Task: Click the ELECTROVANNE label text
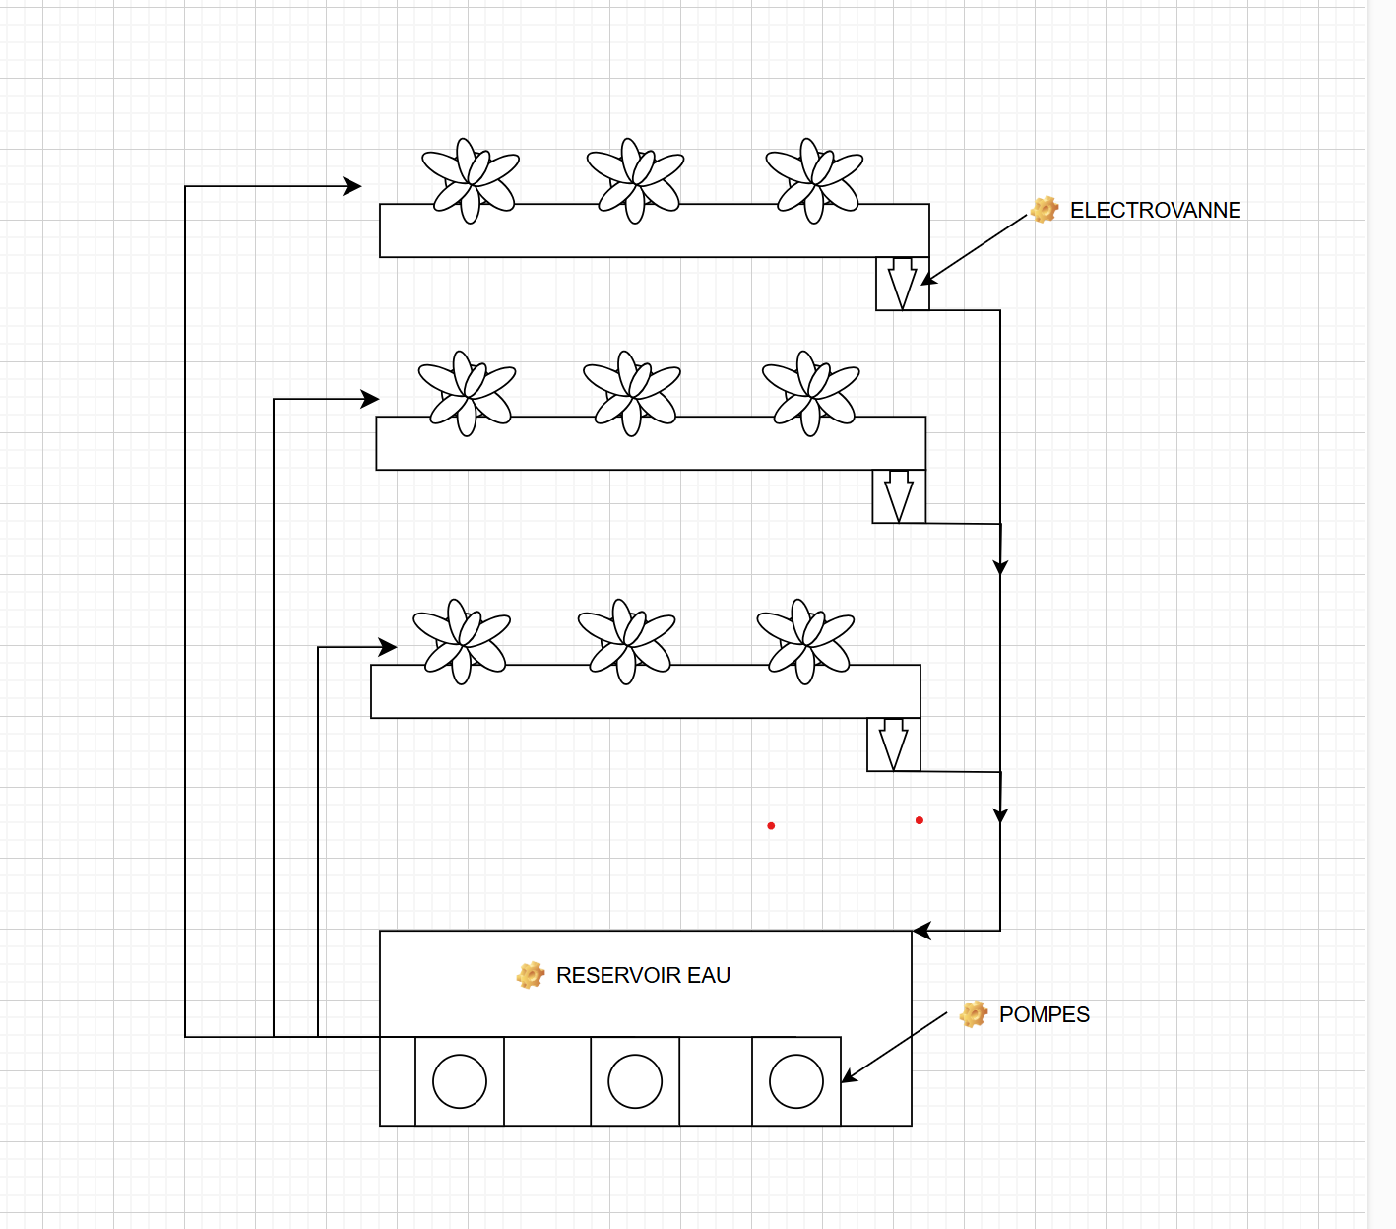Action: [x=1155, y=210]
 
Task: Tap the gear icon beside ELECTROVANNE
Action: [x=1045, y=209]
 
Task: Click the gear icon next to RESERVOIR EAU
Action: [x=531, y=975]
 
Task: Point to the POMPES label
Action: [x=1044, y=1014]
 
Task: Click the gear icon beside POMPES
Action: [x=974, y=1013]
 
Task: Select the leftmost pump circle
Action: [x=460, y=1081]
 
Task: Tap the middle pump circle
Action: [x=635, y=1081]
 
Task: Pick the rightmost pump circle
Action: [x=796, y=1081]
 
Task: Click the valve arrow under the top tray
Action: [x=902, y=284]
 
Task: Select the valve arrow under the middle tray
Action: [x=898, y=496]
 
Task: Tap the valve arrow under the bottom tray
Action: [x=893, y=744]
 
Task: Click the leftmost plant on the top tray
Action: [x=471, y=180]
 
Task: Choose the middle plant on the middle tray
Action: [x=631, y=393]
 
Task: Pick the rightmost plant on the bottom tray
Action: [x=805, y=641]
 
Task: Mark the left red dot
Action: [x=771, y=825]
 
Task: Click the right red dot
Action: [x=920, y=820]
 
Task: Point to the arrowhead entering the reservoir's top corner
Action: [x=921, y=931]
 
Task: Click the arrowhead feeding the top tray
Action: [x=352, y=186]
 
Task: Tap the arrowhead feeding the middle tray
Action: [x=370, y=399]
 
